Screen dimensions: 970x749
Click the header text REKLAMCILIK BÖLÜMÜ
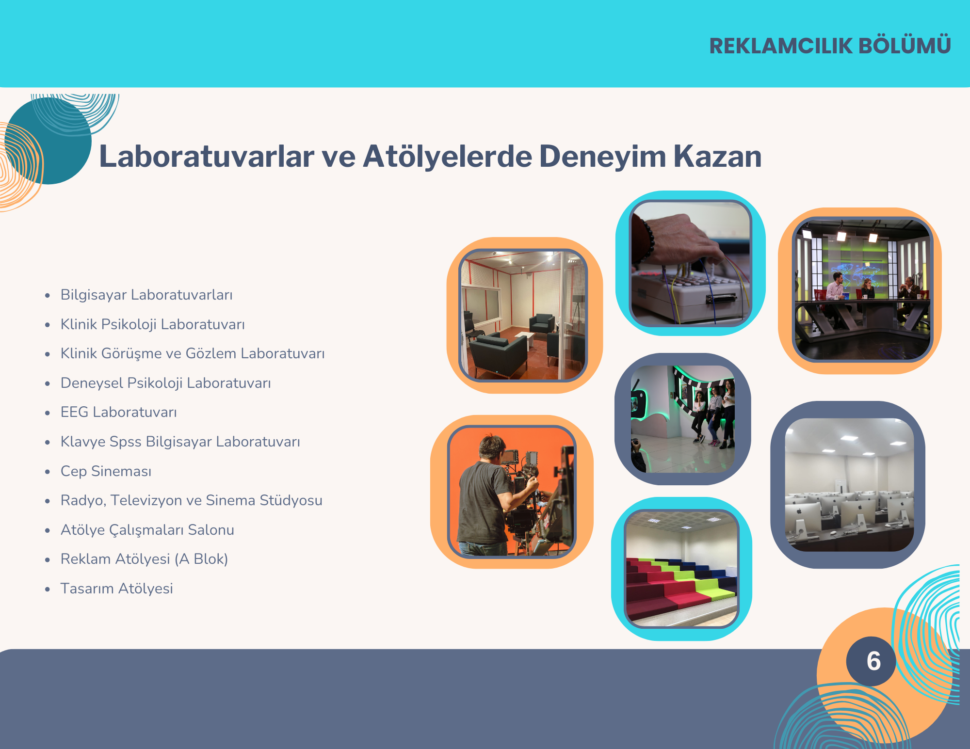(x=830, y=46)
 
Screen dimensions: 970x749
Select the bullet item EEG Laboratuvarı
(x=118, y=412)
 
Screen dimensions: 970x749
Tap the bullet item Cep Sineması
(x=106, y=471)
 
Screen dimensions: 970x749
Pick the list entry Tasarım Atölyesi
(x=116, y=589)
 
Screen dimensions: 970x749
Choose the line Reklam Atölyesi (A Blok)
(x=144, y=559)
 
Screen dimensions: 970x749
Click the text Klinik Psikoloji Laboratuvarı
(x=152, y=324)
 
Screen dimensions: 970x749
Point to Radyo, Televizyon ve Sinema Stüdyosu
(x=191, y=500)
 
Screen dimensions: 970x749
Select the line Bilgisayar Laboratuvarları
(x=146, y=295)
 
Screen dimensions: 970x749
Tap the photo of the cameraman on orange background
(x=512, y=492)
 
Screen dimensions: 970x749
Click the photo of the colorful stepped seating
(x=681, y=569)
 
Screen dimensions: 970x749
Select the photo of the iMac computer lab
(x=849, y=485)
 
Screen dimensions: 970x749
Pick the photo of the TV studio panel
(x=862, y=289)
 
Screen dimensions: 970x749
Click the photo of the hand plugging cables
(x=690, y=264)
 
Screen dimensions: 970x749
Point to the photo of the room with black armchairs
(x=523, y=315)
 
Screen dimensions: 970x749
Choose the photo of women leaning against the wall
(x=682, y=419)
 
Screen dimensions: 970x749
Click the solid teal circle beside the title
(x=48, y=141)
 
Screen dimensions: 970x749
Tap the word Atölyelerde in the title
(x=447, y=157)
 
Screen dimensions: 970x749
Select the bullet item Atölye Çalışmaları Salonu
(x=147, y=530)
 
